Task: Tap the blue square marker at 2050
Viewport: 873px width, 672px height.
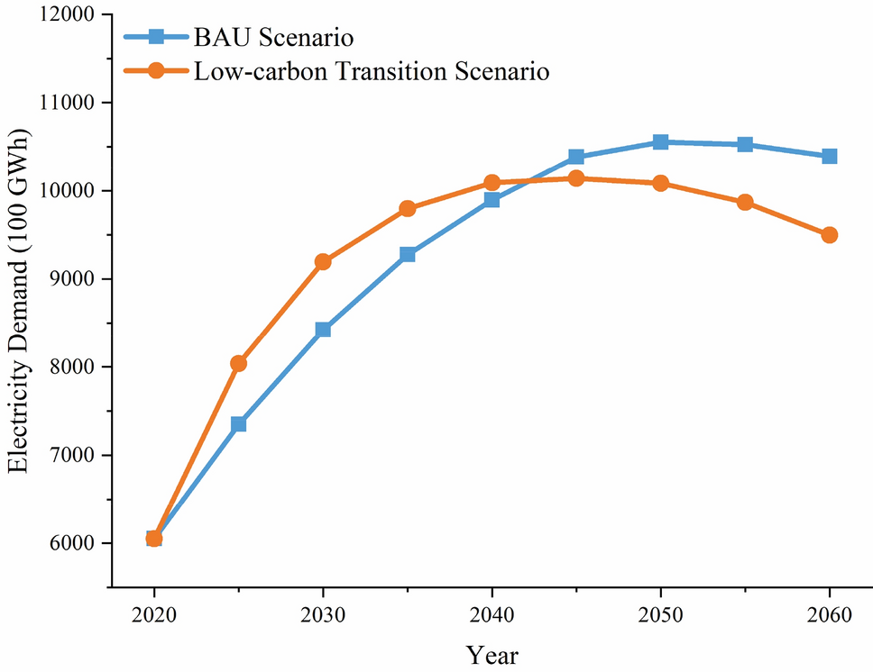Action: click(660, 141)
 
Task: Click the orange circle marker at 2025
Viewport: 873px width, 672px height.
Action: click(238, 363)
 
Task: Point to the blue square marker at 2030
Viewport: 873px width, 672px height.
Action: click(323, 330)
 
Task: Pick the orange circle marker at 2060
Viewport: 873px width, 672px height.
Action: click(829, 235)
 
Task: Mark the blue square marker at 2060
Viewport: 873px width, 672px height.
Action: click(829, 156)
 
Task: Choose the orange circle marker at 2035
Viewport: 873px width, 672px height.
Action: click(407, 208)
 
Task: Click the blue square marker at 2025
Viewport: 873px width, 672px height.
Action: click(238, 423)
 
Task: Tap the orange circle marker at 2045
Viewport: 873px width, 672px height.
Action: click(576, 178)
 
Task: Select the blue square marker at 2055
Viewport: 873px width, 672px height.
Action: click(745, 144)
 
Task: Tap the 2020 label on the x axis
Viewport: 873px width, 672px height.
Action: click(153, 615)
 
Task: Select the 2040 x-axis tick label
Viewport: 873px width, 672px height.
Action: click(492, 615)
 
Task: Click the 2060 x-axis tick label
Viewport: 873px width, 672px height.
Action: click(829, 615)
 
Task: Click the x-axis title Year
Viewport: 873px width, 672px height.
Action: click(492, 655)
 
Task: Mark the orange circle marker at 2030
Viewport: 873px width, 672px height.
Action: click(323, 262)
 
